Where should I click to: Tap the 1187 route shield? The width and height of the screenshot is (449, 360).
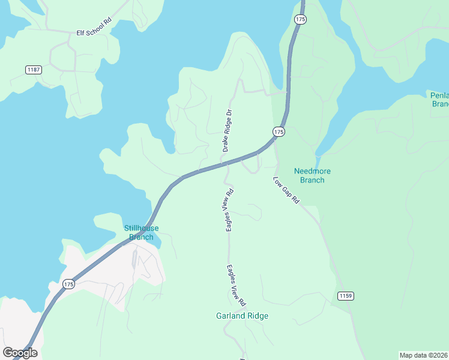(34, 70)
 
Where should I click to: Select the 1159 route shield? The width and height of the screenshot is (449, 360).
(345, 296)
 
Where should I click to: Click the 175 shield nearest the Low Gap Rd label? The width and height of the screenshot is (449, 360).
(278, 131)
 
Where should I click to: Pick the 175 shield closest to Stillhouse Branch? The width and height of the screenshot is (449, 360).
(68, 284)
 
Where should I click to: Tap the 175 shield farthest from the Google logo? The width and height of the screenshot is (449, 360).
(300, 19)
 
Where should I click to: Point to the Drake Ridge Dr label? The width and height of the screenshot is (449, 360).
(227, 130)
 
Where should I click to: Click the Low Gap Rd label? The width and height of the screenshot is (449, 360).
(286, 190)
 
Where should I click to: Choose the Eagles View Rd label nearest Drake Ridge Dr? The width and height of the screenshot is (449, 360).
(229, 211)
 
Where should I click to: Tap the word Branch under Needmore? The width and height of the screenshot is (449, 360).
(312, 180)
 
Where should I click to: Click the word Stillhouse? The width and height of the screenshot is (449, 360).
(141, 228)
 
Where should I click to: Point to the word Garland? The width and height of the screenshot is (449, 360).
(230, 316)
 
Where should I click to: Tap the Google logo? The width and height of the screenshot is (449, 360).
(20, 353)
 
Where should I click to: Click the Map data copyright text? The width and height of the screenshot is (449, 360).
(423, 355)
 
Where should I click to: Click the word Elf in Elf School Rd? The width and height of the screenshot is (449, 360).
(81, 34)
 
